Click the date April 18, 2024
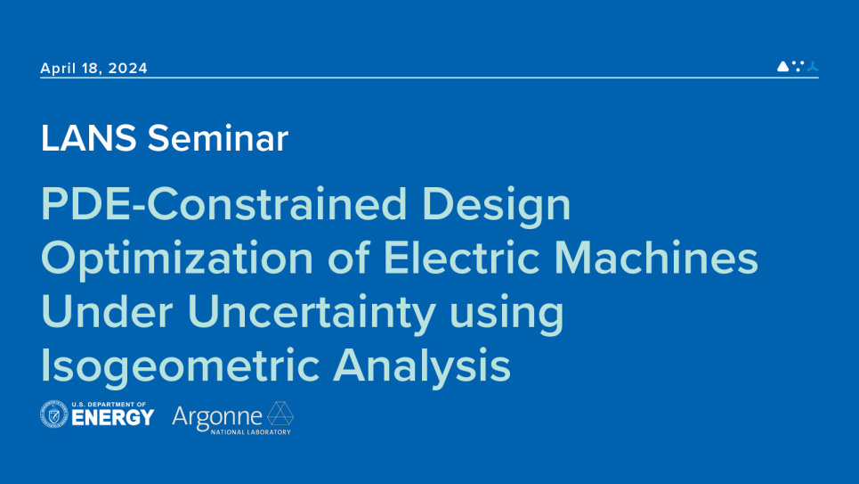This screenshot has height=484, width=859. pyautogui.click(x=93, y=69)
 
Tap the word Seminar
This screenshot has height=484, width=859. pyautogui.click(x=218, y=138)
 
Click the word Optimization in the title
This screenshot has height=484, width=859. pyautogui.click(x=177, y=259)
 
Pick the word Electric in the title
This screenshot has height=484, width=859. pyautogui.click(x=461, y=258)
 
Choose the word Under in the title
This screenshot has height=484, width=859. pyautogui.click(x=100, y=312)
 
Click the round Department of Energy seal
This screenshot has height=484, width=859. pyautogui.click(x=54, y=414)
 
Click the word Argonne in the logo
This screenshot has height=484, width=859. pyautogui.click(x=217, y=415)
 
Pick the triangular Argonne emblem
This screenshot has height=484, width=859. pyautogui.click(x=280, y=414)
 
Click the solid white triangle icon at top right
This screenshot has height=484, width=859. pyautogui.click(x=782, y=66)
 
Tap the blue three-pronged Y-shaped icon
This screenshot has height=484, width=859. pyautogui.click(x=812, y=66)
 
